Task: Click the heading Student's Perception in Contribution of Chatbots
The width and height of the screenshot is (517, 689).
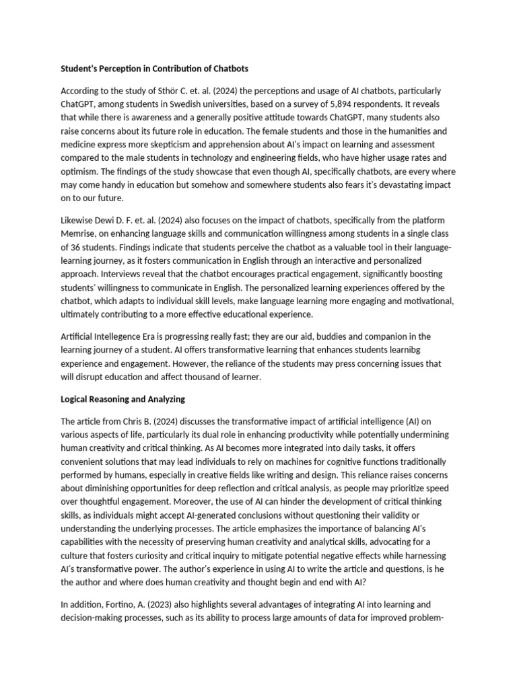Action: point(154,69)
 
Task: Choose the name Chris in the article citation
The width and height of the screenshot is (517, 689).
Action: point(138,421)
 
